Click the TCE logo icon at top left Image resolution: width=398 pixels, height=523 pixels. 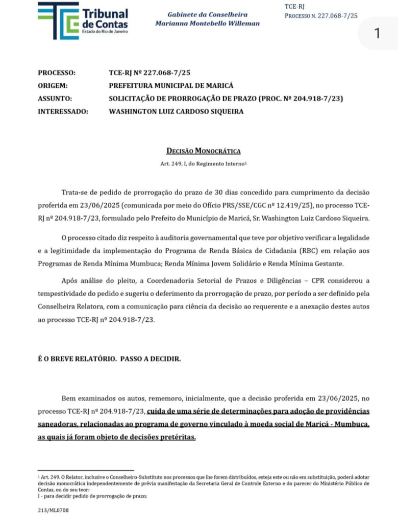58,20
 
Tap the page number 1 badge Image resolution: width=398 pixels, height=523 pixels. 377,34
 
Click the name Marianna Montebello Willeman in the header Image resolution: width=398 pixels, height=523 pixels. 207,23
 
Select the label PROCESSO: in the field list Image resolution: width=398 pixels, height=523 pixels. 57,73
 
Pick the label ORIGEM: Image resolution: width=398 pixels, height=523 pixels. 53,86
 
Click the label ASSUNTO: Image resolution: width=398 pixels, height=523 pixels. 55,99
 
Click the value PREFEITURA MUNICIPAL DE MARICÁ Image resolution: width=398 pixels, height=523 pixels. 171,86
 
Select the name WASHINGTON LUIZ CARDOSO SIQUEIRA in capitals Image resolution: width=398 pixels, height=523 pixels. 176,111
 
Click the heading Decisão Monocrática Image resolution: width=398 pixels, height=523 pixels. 203,151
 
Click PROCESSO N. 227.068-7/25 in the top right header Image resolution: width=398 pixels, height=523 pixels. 321,16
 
